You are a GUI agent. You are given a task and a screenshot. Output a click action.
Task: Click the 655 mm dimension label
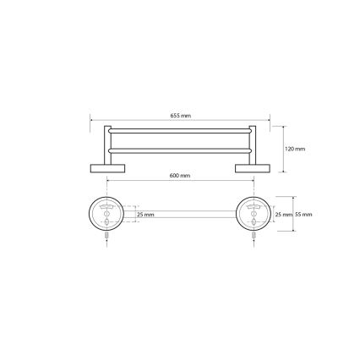(179, 116)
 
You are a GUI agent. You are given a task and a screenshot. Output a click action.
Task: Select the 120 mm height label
(295, 149)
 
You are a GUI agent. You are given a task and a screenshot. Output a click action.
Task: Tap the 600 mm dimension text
(179, 175)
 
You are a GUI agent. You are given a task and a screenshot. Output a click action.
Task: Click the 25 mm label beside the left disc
(145, 215)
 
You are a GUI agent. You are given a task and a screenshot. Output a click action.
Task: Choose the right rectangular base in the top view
(251, 166)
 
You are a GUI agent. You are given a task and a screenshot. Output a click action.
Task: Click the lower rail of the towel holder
(179, 149)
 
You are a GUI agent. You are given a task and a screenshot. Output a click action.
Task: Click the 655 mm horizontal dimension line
(135, 119)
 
